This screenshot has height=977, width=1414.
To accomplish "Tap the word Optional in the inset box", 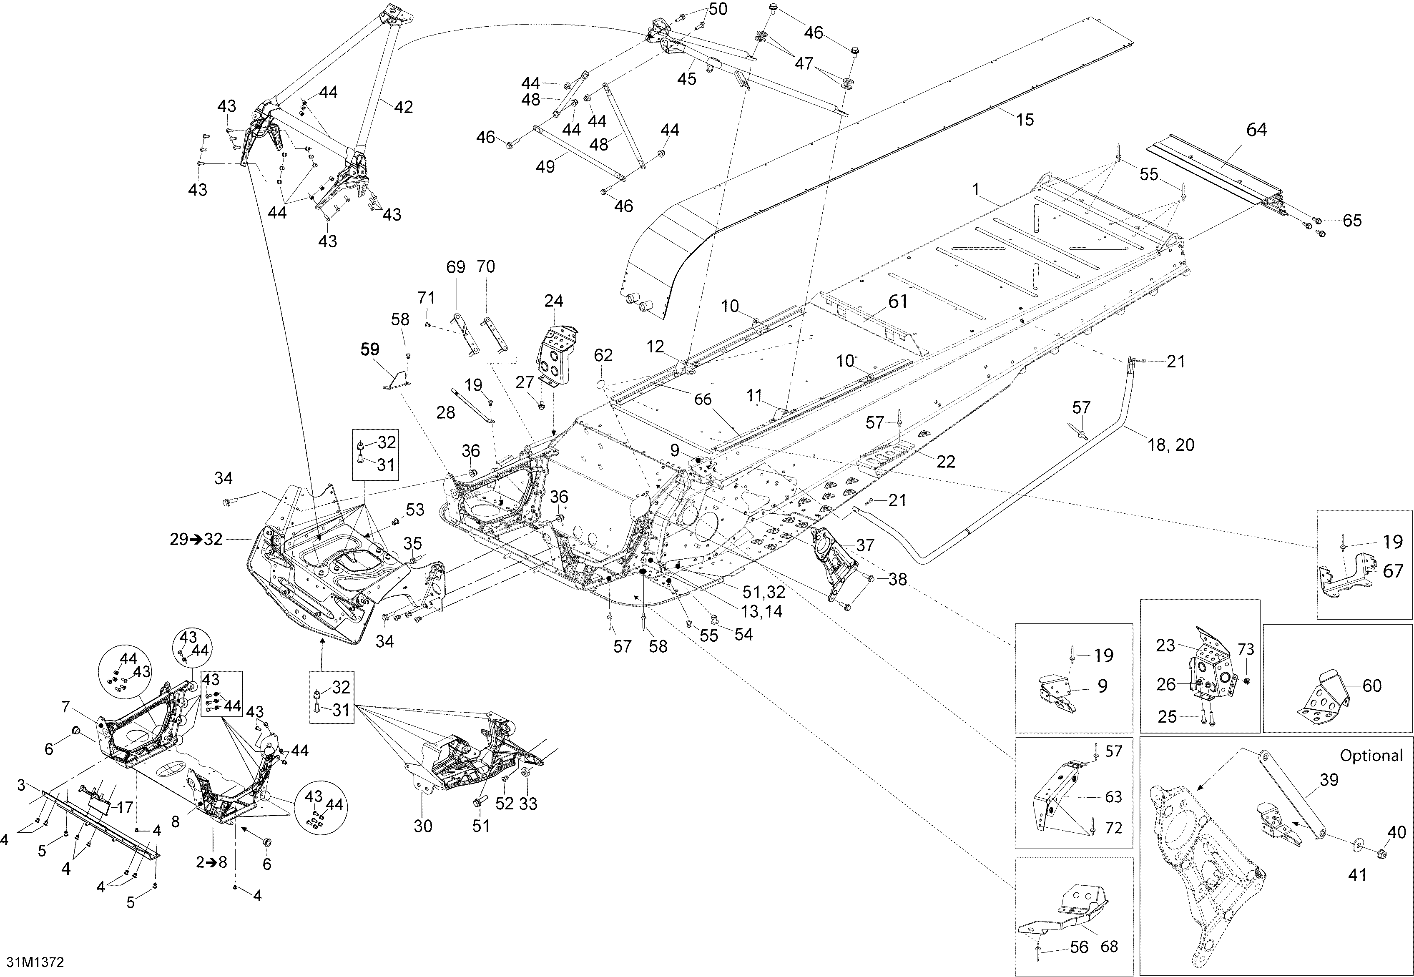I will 1371,756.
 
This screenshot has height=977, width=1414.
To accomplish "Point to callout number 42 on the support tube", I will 403,107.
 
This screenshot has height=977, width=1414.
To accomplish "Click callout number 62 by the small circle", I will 603,355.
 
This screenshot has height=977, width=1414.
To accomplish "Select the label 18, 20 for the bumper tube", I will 1171,445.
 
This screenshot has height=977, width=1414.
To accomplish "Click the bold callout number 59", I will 370,349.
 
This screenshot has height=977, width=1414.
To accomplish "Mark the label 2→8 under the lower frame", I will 211,862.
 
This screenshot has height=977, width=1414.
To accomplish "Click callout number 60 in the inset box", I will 1372,686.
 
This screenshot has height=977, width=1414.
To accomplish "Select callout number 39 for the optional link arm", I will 1329,780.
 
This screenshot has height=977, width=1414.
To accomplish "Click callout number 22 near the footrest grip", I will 946,462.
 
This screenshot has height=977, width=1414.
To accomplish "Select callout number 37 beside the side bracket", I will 864,545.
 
